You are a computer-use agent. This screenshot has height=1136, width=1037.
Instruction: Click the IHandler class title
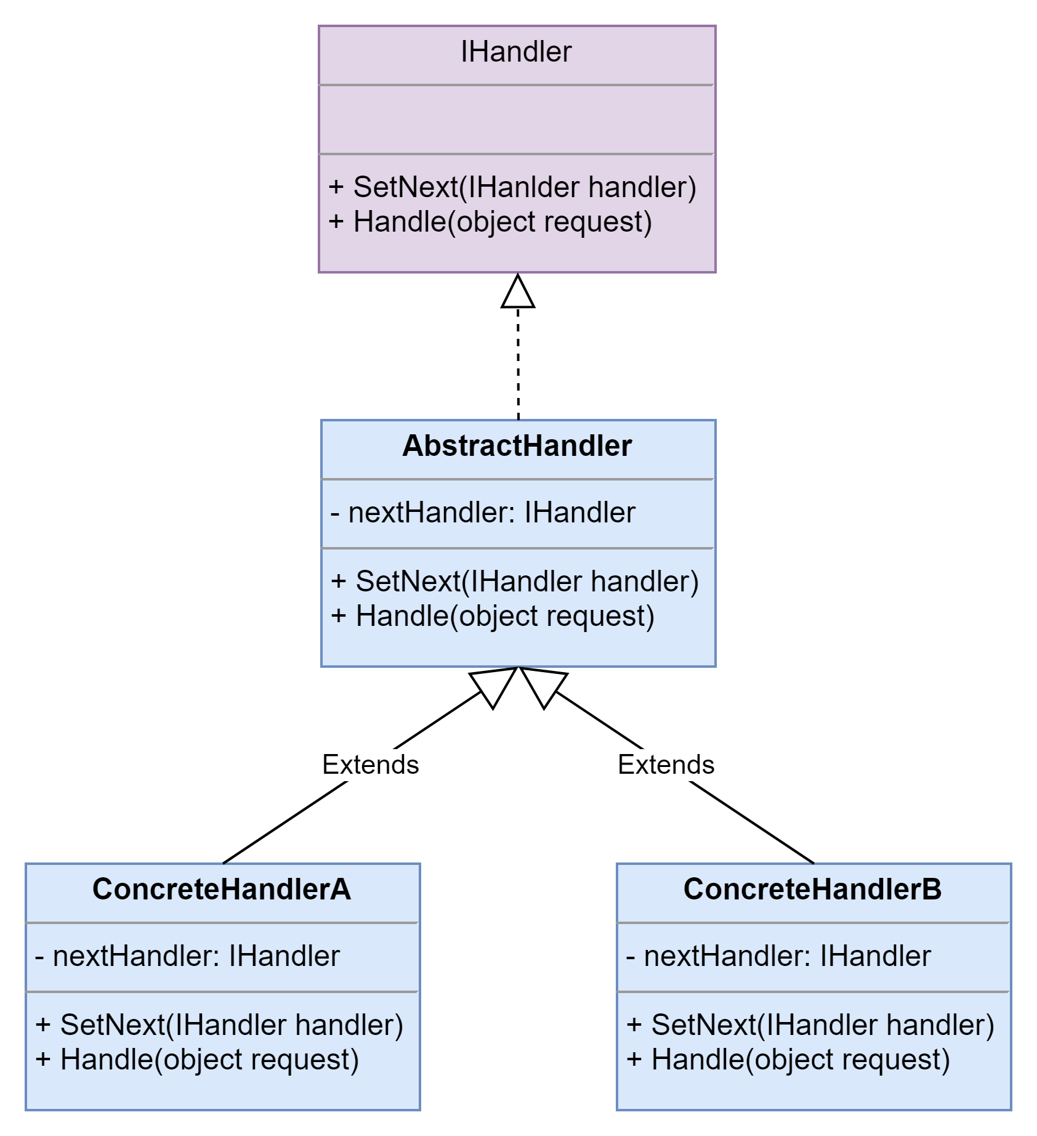[x=516, y=52]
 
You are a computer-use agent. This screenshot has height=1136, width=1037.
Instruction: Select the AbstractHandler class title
[x=517, y=445]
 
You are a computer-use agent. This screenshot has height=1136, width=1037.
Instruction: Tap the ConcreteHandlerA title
[x=222, y=889]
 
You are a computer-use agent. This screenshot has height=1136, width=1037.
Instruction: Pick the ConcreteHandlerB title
[x=813, y=889]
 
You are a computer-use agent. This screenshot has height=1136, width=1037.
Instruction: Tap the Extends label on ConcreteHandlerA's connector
[x=371, y=765]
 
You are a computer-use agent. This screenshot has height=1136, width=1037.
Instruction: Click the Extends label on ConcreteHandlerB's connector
[x=666, y=765]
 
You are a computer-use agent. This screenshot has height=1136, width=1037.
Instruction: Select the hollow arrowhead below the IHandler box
[x=518, y=291]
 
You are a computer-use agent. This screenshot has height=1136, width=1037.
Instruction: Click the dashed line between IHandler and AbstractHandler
[x=518, y=363]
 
